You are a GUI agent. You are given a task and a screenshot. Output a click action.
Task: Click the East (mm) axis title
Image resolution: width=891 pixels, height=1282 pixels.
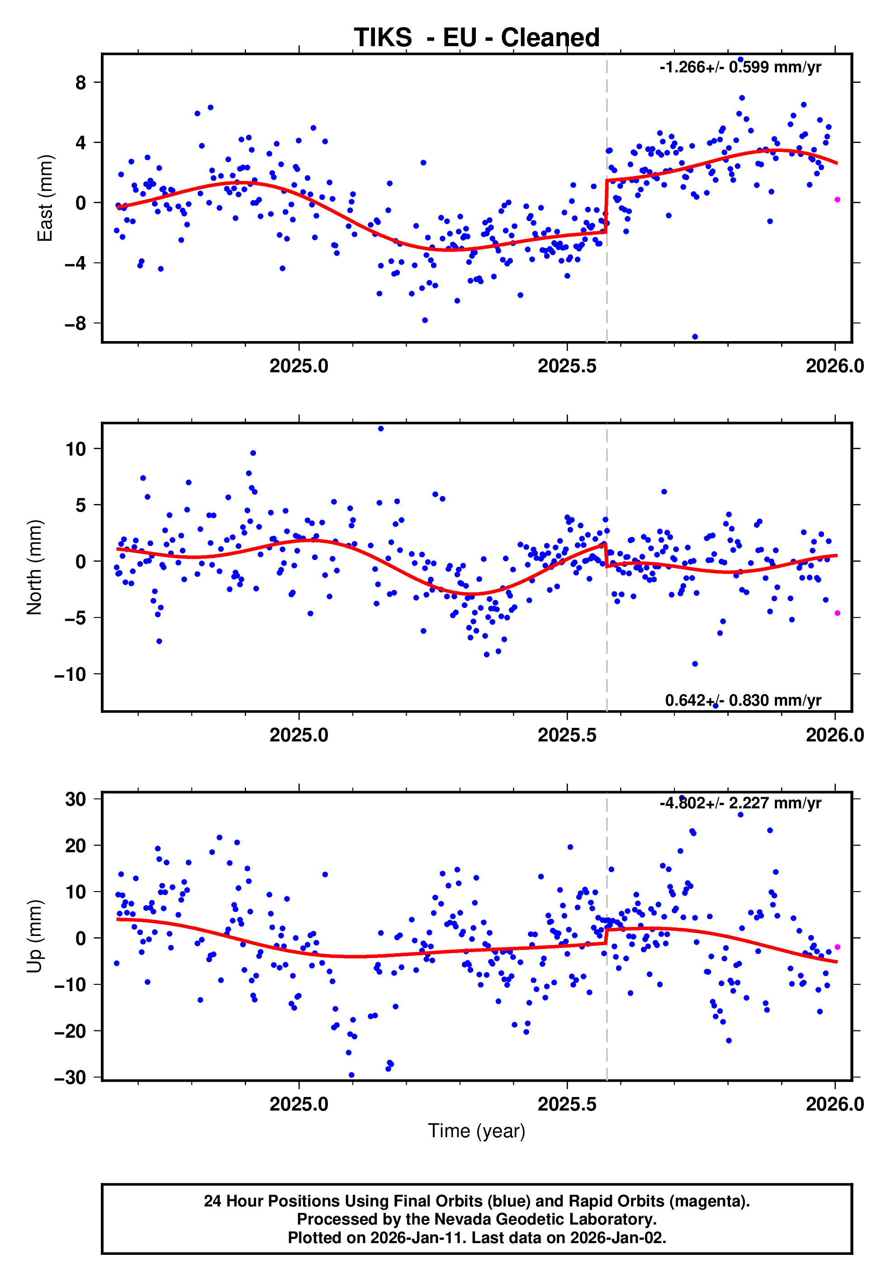45,198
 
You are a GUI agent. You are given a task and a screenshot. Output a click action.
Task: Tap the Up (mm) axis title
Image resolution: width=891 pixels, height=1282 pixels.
35,936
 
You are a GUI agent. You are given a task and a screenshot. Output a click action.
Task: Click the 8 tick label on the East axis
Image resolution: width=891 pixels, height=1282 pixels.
81,83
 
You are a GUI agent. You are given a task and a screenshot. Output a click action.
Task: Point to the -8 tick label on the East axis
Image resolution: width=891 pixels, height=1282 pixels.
76,323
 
